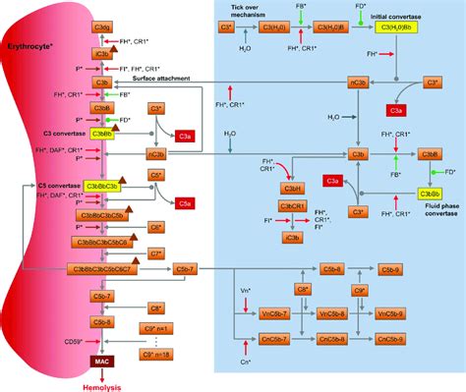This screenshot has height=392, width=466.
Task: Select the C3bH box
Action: point(293,190)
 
